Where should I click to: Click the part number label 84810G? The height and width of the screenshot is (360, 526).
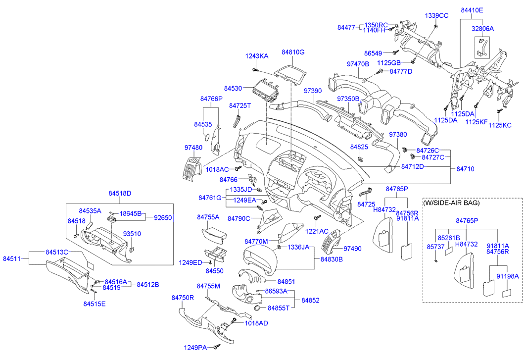293,52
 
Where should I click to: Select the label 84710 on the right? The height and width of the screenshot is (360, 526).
465,169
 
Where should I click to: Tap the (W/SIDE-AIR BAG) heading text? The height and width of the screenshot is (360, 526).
451,203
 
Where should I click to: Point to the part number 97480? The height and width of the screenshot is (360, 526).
193,148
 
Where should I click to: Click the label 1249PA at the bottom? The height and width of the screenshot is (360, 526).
195,348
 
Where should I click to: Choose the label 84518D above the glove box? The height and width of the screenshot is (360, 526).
120,193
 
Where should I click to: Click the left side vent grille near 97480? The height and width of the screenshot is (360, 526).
191,168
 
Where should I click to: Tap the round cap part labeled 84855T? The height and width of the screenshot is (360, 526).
257,309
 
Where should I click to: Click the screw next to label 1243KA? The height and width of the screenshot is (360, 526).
255,70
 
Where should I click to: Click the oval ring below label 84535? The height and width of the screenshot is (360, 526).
207,137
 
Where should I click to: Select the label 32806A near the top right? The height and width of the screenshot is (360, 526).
483,29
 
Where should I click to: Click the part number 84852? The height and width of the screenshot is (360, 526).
310,300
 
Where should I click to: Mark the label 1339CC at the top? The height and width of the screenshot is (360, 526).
436,15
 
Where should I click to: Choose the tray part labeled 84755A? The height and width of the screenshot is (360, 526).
214,236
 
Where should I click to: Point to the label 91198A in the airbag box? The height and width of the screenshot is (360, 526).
508,276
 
